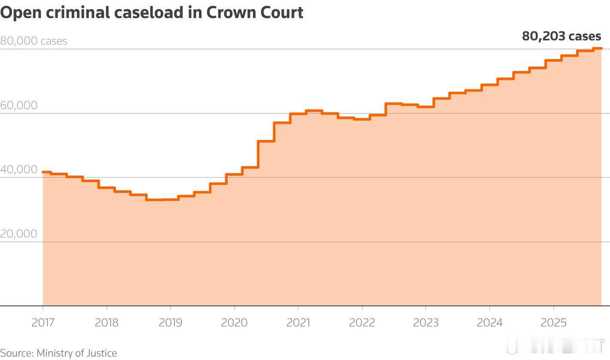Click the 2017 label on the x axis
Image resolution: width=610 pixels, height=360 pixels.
point(43,323)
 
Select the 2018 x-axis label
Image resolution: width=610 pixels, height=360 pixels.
point(107,323)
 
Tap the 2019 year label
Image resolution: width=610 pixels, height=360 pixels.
point(170,323)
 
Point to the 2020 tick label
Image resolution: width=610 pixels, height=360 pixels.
point(234,323)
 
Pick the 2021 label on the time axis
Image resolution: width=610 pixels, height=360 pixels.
point(298,323)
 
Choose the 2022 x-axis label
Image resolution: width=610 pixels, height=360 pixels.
point(362,323)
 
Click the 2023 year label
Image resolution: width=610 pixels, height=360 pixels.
point(426,323)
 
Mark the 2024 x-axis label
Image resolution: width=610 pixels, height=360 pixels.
point(489,323)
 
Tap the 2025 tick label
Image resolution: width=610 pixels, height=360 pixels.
point(553,323)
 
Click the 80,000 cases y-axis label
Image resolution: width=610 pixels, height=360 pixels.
point(34,41)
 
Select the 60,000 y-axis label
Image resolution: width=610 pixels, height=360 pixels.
point(18,105)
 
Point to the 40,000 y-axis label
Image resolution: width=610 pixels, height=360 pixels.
point(18,169)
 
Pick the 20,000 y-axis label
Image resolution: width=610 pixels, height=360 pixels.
point(18,233)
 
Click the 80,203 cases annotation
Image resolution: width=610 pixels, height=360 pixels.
point(561,36)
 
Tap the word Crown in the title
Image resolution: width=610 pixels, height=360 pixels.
point(230,12)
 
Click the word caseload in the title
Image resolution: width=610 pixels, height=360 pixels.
point(149,12)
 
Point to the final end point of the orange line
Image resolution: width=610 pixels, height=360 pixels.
point(601,49)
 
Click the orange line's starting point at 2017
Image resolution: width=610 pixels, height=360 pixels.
point(43,172)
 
